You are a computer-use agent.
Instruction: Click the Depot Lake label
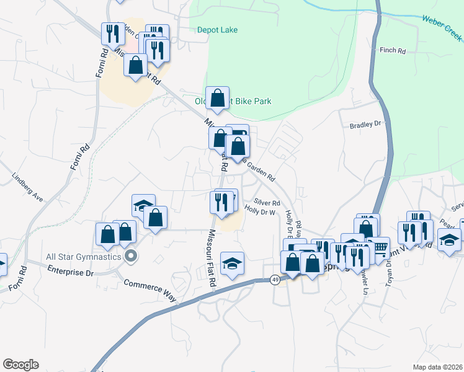click(217, 30)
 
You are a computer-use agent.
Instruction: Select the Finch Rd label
click(392, 50)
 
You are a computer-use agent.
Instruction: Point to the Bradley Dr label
click(364, 125)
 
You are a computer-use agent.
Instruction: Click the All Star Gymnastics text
click(83, 255)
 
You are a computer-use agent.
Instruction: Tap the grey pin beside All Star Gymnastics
click(130, 255)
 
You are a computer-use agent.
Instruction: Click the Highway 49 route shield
click(274, 280)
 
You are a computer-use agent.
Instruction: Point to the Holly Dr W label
click(259, 212)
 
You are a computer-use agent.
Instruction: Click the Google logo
click(20, 365)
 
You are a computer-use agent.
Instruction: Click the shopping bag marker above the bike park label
click(217, 97)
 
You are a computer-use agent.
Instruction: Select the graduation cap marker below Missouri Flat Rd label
click(232, 263)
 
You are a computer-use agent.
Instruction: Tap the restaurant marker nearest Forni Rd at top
click(112, 33)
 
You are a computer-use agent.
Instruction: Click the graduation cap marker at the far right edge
click(449, 240)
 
